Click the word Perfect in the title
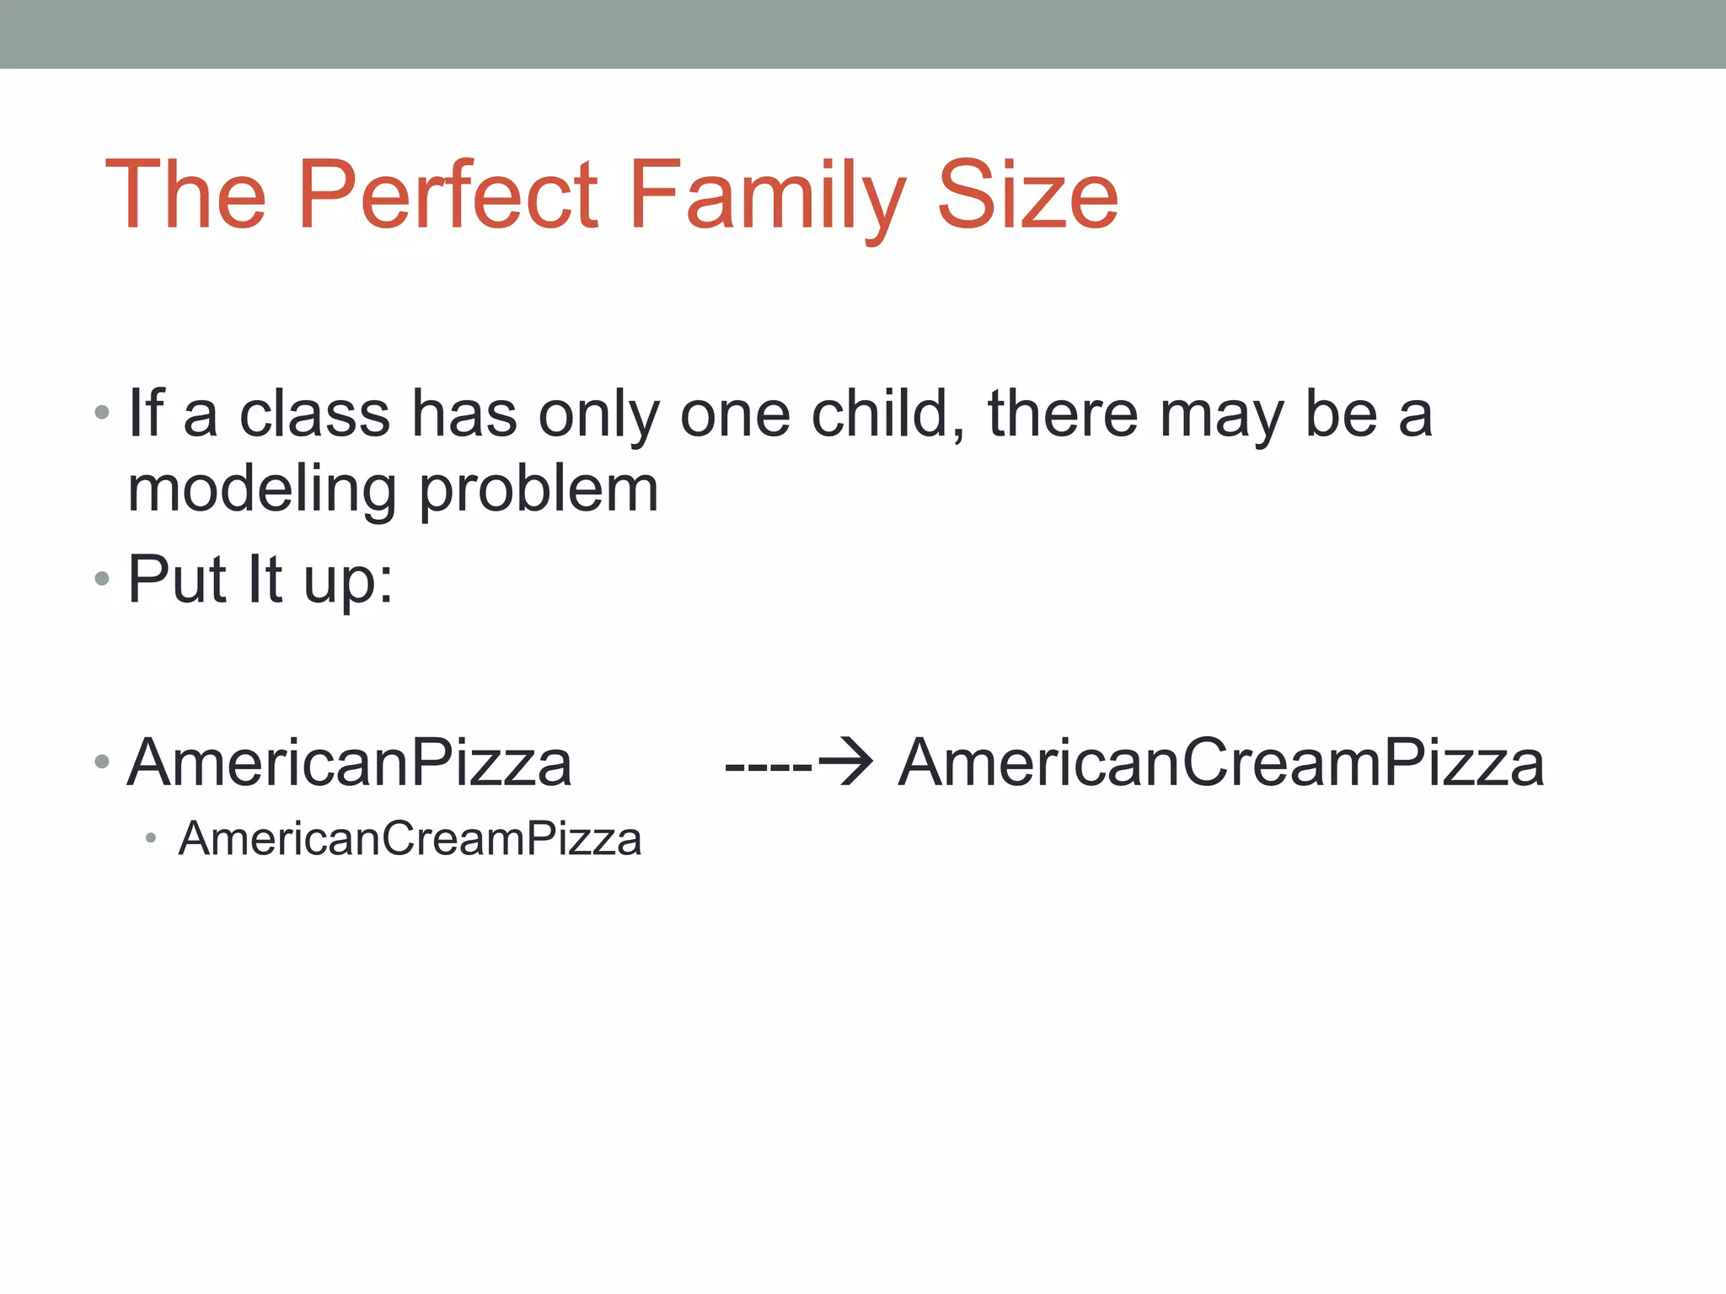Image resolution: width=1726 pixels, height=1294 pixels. pos(448,195)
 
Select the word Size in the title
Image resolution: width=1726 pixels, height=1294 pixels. pos(1027,195)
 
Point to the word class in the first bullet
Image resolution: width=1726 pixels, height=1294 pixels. pos(314,414)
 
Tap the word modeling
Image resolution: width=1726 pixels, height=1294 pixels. pos(262,490)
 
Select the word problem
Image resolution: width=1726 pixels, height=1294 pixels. pos(539,490)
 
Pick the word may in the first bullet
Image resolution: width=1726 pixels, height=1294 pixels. pos(1221,414)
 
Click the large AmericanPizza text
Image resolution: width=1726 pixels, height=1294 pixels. pos(350,763)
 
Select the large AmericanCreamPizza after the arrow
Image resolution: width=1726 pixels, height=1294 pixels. pos(1221,763)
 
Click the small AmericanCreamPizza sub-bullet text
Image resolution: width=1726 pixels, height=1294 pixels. pos(410,839)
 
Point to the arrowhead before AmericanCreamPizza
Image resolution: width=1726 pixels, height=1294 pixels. pos(847,762)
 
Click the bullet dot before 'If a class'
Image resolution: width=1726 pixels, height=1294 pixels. pos(102,413)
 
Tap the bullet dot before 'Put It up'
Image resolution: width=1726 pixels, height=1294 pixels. pos(102,579)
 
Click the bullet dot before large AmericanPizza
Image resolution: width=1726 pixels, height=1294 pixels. pos(102,762)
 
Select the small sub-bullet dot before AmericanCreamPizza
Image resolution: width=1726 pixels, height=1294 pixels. pos(151,838)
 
